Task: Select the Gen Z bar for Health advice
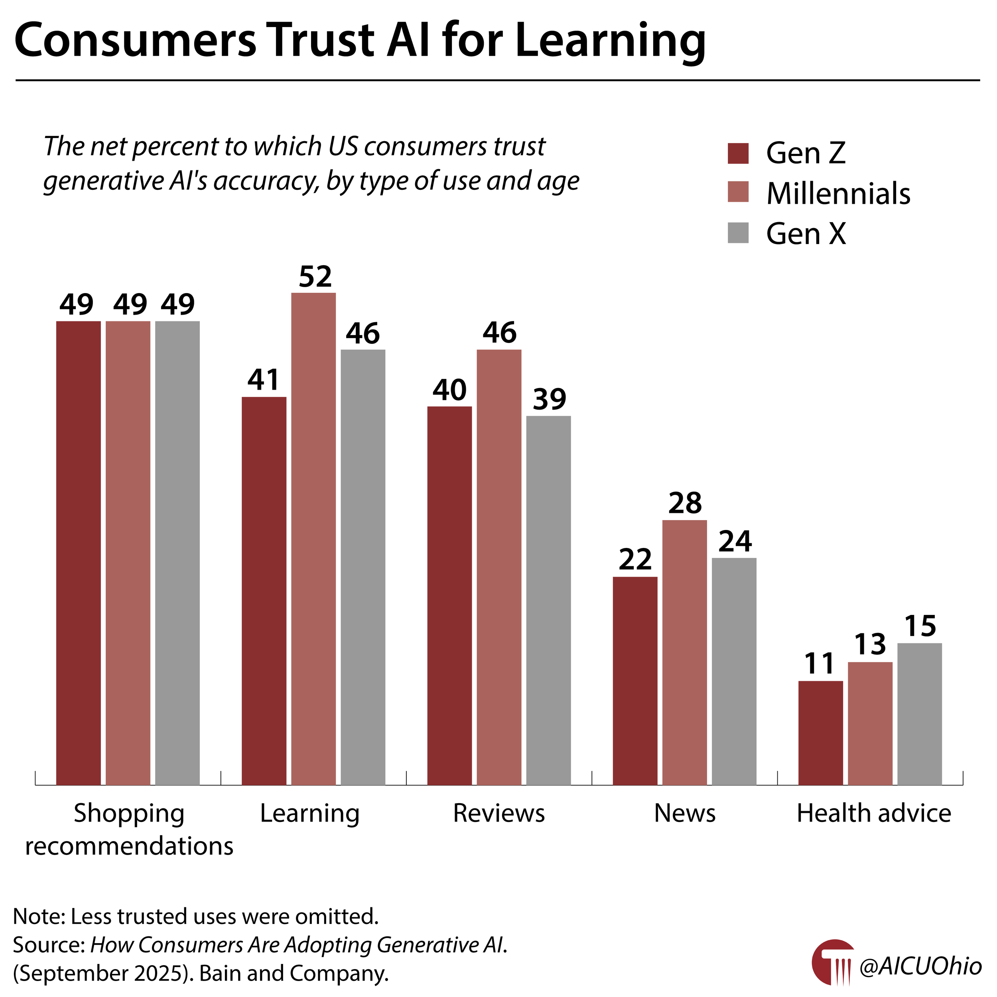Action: [x=820, y=733]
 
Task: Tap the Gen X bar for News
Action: [x=734, y=671]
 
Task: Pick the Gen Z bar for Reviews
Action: [x=449, y=596]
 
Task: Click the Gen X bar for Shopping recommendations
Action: [x=177, y=552]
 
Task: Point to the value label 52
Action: [x=315, y=277]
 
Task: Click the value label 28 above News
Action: [x=685, y=503]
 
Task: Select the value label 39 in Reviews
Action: [x=549, y=399]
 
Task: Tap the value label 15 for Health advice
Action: [x=920, y=626]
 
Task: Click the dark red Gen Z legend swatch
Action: [x=738, y=153]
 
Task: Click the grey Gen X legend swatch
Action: [x=738, y=233]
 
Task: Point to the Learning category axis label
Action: [x=309, y=813]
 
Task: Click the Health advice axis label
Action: [x=874, y=813]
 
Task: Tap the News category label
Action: [x=685, y=813]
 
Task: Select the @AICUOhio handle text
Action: [x=920, y=965]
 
